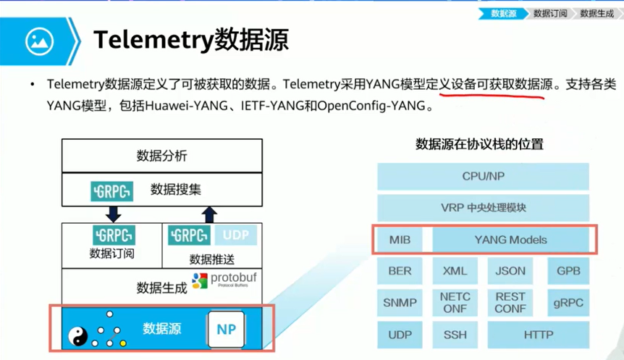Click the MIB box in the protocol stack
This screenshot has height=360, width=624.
point(400,240)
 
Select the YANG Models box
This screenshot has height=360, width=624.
point(510,240)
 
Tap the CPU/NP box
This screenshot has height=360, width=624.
point(482,176)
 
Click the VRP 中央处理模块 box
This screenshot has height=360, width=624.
point(482,208)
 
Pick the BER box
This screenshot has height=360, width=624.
point(400,271)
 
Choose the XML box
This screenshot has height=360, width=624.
point(455,271)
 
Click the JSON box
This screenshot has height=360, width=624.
point(510,271)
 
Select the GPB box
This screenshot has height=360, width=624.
point(568,271)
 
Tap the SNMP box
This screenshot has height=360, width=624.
point(400,302)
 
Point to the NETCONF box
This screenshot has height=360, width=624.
point(455,302)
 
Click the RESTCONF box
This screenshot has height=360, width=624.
point(510,302)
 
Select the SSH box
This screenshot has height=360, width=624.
point(455,335)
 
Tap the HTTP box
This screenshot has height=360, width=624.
point(539,335)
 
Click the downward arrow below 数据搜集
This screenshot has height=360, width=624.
point(112,213)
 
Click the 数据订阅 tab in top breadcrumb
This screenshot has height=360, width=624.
point(550,13)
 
